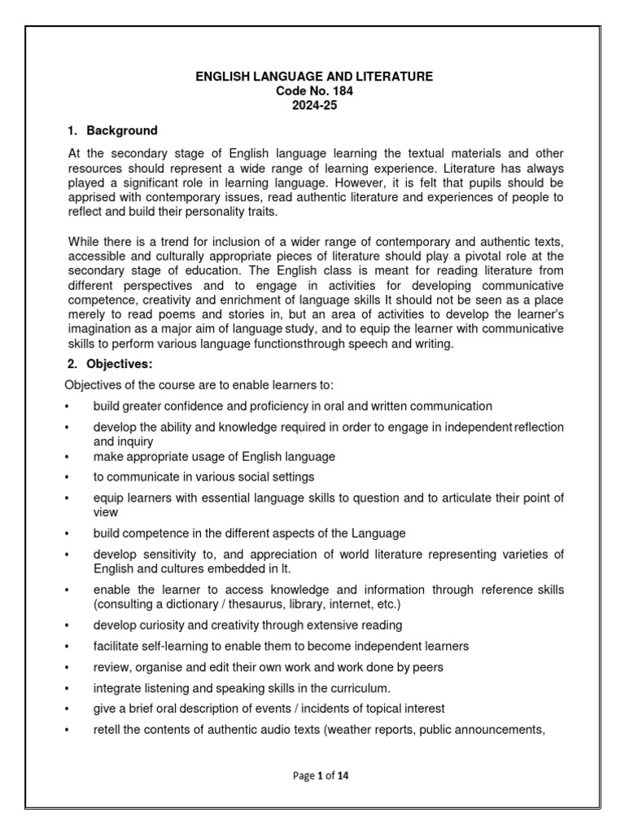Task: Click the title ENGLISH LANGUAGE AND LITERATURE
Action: [x=314, y=77]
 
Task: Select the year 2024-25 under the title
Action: [x=314, y=106]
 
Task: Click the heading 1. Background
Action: [x=112, y=130]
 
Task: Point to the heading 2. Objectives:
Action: [x=109, y=364]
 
